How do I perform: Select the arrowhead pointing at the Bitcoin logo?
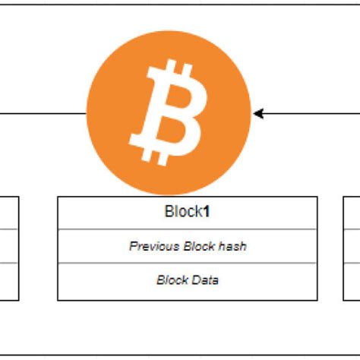258,114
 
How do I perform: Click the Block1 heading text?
187,212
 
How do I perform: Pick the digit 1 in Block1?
206,212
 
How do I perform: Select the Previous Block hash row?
187,246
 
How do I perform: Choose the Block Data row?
187,280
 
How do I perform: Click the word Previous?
154,246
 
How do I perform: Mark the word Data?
205,280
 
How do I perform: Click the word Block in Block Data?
172,280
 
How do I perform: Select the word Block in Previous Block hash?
199,246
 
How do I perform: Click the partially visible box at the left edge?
8,247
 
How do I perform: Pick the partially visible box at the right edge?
352,247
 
